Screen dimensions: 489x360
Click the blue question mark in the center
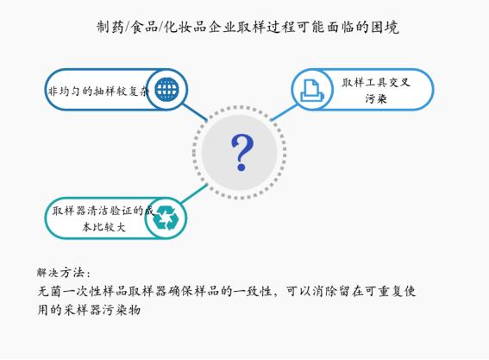click(x=242, y=152)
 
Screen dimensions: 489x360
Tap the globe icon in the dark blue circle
click(x=166, y=89)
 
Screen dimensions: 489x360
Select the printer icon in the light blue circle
click(x=312, y=91)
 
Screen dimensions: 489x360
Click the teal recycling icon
click(x=166, y=218)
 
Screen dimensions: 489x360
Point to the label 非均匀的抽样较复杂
click(x=99, y=92)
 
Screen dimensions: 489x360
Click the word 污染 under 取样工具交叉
click(x=376, y=99)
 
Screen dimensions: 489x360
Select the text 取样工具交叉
click(x=376, y=82)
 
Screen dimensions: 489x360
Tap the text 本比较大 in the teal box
click(x=103, y=227)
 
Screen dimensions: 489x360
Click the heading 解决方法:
click(x=64, y=273)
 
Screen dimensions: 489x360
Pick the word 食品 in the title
click(x=144, y=27)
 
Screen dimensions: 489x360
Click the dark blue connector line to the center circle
click(x=195, y=112)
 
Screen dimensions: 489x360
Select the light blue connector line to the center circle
click(x=285, y=112)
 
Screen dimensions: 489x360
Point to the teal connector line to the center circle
click(x=195, y=193)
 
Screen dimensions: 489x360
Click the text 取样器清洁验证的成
click(x=103, y=211)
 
